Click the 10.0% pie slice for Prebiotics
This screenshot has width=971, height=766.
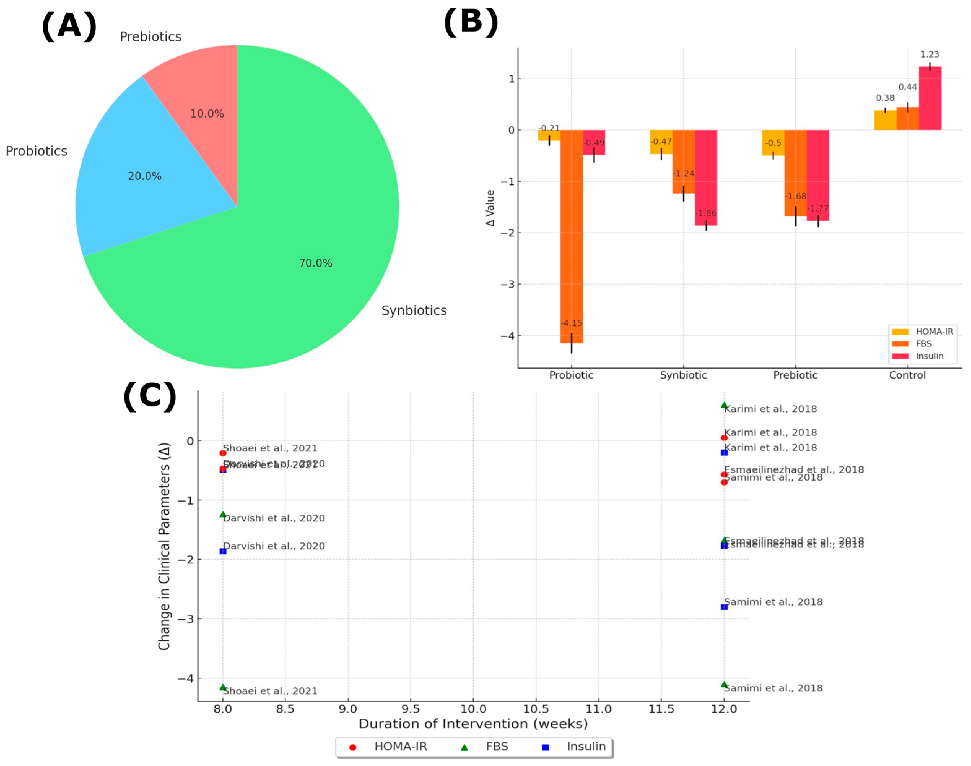click(x=202, y=103)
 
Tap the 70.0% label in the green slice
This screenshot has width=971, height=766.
click(x=316, y=263)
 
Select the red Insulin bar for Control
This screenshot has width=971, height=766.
click(x=930, y=99)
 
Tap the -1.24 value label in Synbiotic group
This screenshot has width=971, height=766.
click(x=683, y=173)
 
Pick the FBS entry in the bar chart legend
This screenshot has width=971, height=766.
click(x=923, y=344)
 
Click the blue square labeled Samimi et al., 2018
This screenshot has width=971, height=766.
click(x=724, y=607)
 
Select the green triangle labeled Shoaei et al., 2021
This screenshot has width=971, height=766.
click(x=223, y=687)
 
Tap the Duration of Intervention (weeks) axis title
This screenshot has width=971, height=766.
click(x=473, y=724)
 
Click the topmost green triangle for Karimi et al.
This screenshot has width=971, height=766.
click(x=724, y=405)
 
